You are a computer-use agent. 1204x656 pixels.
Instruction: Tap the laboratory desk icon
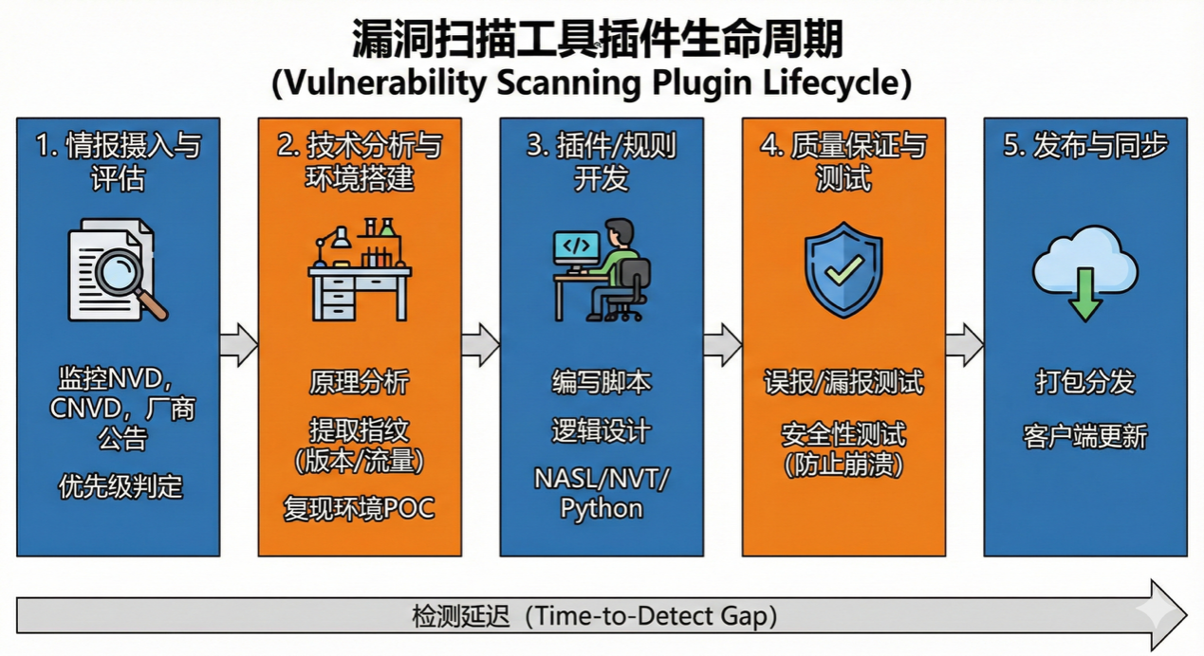[x=360, y=271]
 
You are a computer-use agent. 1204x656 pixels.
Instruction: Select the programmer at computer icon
[x=602, y=271]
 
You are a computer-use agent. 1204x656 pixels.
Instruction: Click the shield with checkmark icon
[x=843, y=269]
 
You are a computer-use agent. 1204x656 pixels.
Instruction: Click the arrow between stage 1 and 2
[x=239, y=344]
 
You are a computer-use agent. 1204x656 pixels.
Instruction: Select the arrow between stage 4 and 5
[x=964, y=344]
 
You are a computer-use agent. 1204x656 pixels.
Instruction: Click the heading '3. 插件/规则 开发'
[x=602, y=161]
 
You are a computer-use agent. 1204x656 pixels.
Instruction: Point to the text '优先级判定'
[x=119, y=487]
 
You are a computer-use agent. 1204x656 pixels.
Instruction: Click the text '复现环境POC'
[x=360, y=508]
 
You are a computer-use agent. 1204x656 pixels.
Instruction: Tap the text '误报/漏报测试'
[x=843, y=382]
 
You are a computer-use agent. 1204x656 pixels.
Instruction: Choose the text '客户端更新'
[x=1085, y=437]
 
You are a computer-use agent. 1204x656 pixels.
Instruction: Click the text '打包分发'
[x=1085, y=382]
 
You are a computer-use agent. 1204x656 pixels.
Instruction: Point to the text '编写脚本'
[x=602, y=382]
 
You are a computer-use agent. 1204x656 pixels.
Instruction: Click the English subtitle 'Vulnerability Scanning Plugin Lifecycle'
[x=592, y=83]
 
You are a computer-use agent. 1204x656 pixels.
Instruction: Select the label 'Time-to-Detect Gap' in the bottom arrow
[x=655, y=616]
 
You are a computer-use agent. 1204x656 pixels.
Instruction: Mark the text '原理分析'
[x=360, y=382]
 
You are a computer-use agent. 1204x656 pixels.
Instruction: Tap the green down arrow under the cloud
[x=1085, y=295]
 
